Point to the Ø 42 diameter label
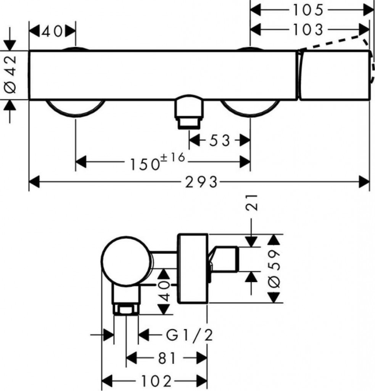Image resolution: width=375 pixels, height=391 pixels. click(10, 75)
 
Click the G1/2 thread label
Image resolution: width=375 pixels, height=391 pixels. click(190, 336)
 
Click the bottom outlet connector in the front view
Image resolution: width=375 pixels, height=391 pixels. click(189, 112)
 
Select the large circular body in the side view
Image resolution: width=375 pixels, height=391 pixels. click(127, 261)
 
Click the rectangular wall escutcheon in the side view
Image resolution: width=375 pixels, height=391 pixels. click(193, 268)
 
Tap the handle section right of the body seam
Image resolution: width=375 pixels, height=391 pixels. click(334, 75)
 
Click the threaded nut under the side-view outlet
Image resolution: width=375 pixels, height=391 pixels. click(126, 309)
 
